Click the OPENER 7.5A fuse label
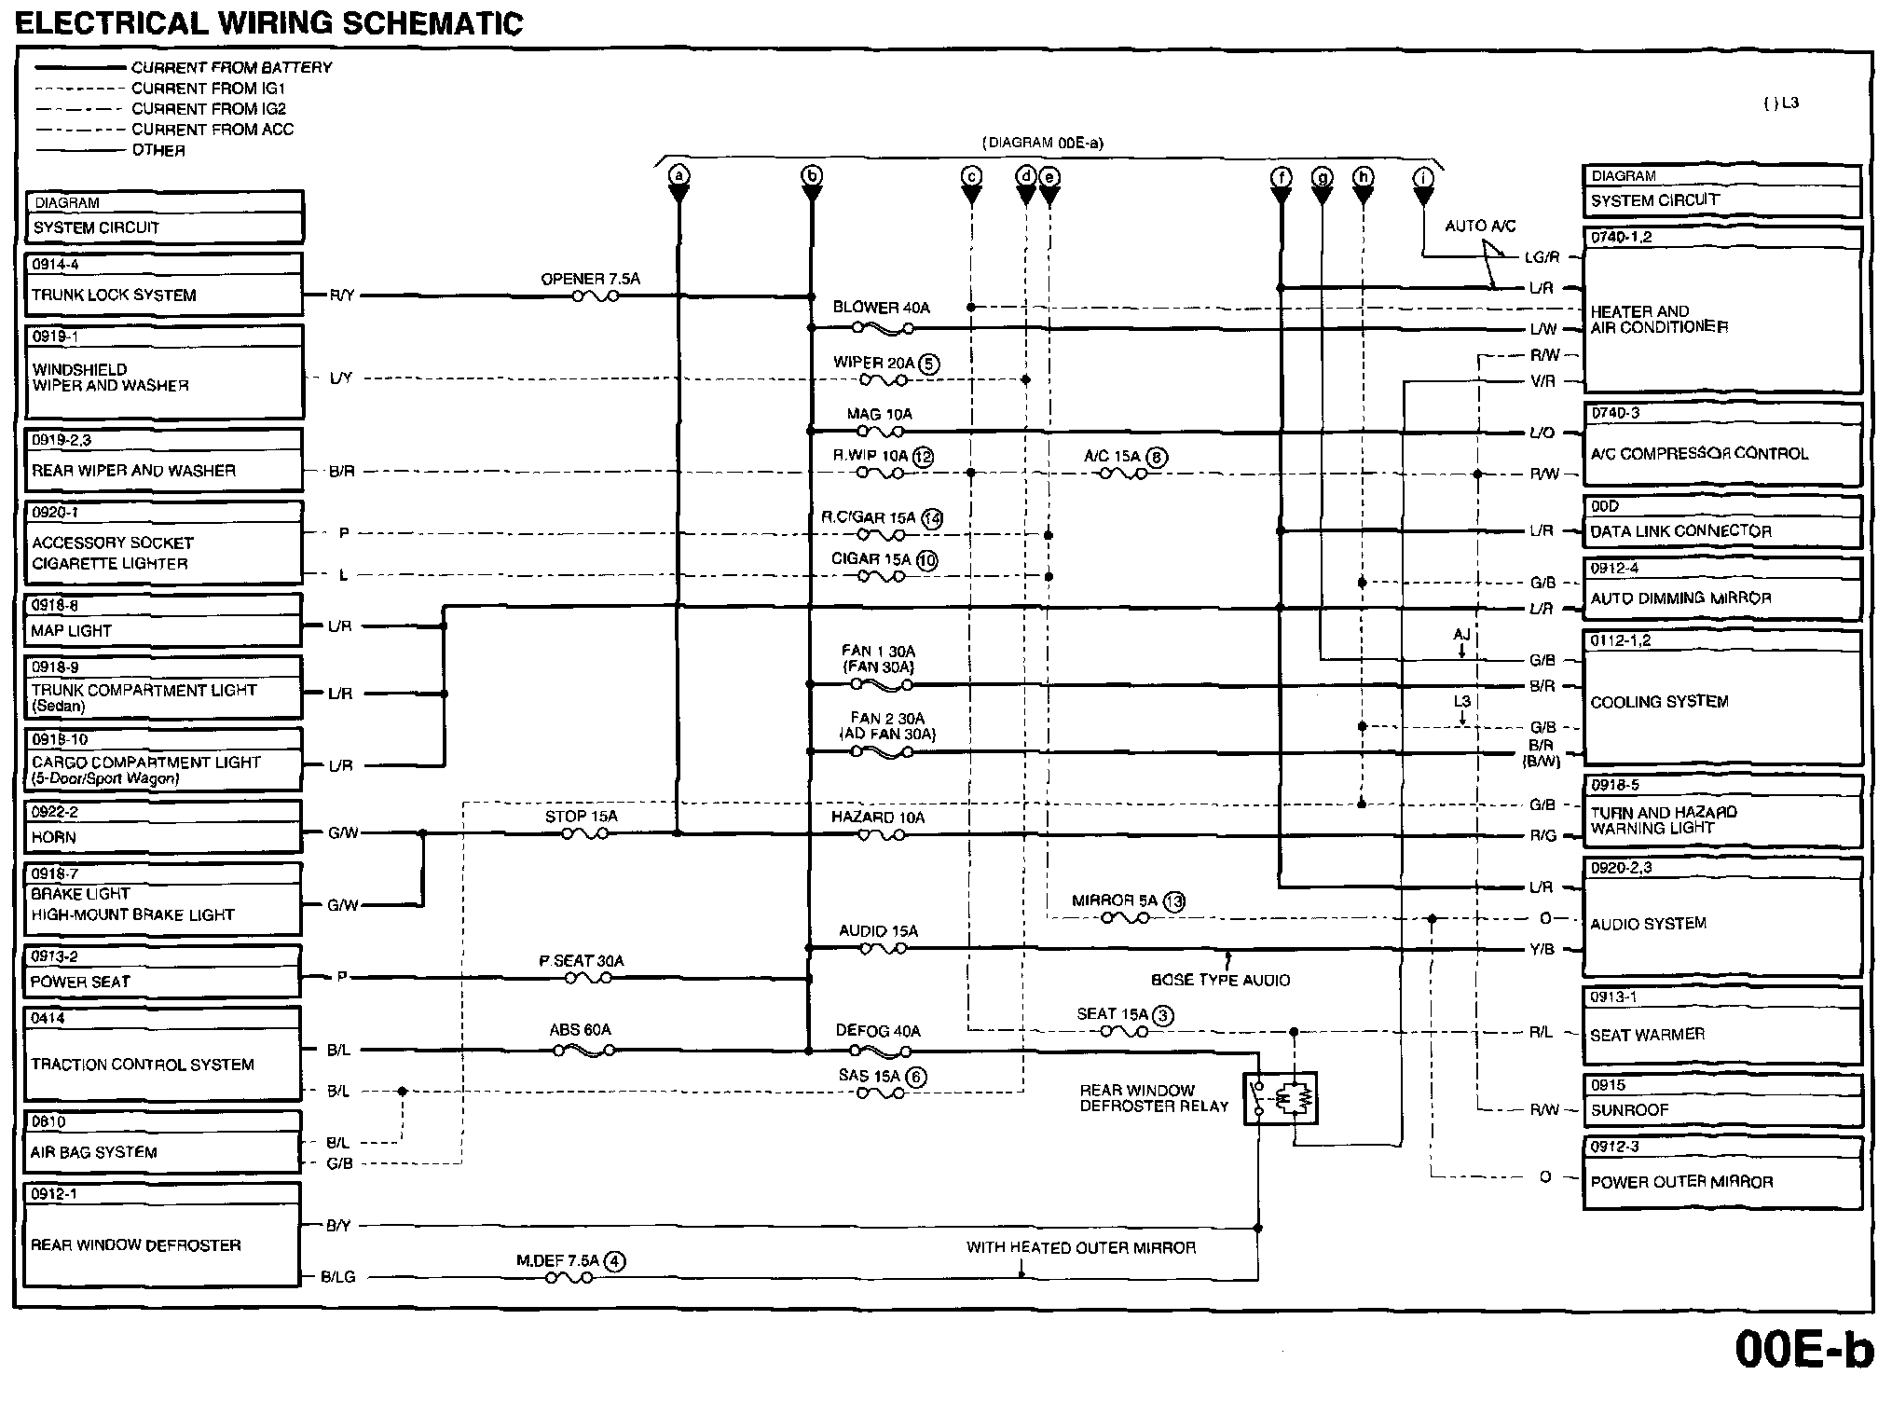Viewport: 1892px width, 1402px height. [x=590, y=279]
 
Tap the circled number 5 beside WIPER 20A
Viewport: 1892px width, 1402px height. [x=929, y=364]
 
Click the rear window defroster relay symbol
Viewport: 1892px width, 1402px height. [x=1281, y=1098]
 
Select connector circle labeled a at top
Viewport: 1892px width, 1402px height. [x=679, y=175]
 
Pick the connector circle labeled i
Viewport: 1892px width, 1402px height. [x=1423, y=177]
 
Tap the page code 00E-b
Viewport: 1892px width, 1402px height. [x=1804, y=1348]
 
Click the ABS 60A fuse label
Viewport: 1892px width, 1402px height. [x=580, y=1030]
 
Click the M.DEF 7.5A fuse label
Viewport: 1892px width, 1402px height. [x=558, y=1260]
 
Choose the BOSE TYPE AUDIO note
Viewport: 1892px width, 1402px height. [x=1220, y=980]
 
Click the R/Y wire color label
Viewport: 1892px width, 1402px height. [x=342, y=296]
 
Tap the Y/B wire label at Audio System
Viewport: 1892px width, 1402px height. [x=1542, y=949]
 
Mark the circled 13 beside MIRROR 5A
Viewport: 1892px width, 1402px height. [x=1173, y=901]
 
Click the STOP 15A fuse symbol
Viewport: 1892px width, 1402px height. [x=584, y=833]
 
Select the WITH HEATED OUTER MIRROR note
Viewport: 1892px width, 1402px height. [x=1080, y=1247]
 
